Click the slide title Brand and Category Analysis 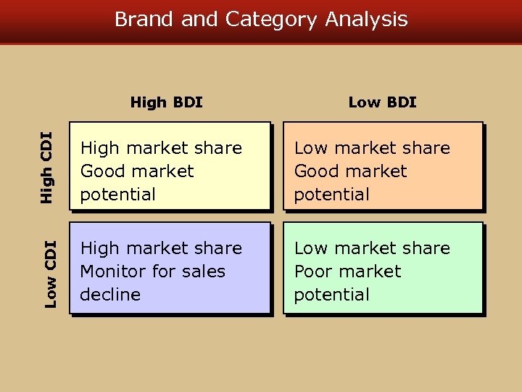point(261,19)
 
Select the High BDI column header point(166,102)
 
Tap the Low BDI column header point(382,102)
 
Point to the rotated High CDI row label point(46,166)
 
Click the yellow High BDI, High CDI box point(170,166)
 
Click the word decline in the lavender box point(110,295)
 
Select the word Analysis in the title point(366,19)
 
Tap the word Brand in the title point(145,19)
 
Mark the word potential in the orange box point(331,195)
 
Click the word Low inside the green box point(310,248)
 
